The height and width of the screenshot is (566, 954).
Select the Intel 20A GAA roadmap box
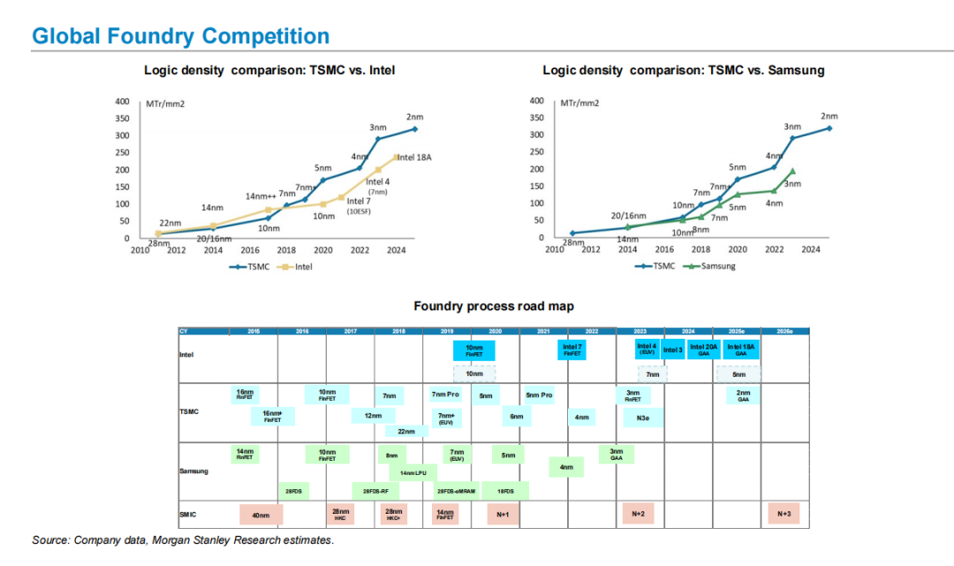(x=704, y=349)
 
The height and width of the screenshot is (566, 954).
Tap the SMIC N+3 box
(x=784, y=513)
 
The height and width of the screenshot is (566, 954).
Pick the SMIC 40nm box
(x=261, y=513)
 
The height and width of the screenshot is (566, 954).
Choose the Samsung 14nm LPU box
(x=413, y=473)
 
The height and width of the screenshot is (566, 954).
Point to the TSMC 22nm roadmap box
(x=406, y=432)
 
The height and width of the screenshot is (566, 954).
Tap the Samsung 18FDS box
(x=505, y=491)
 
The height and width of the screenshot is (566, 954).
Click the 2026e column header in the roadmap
(x=784, y=331)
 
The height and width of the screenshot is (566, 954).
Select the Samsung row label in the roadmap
(x=194, y=471)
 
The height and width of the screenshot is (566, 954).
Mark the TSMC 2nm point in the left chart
(x=414, y=129)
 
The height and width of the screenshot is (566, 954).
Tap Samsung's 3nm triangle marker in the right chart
(x=792, y=172)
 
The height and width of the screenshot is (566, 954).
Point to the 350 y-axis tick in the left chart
(x=123, y=118)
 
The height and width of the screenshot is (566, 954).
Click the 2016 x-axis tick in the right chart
(x=663, y=249)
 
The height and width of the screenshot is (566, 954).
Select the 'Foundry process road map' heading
(x=493, y=306)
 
